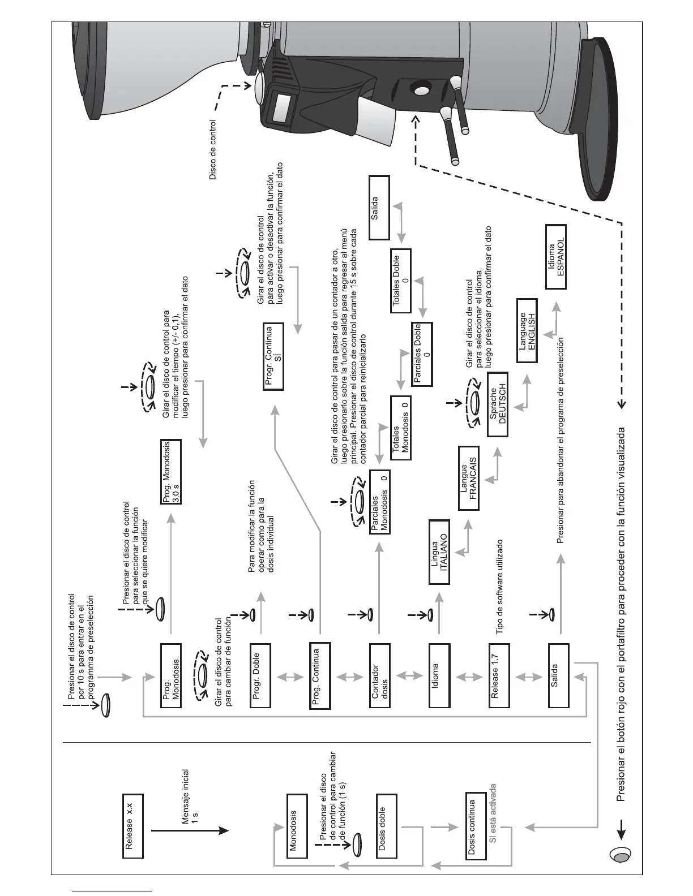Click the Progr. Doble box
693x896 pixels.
tap(261, 675)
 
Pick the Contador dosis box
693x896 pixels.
tap(380, 675)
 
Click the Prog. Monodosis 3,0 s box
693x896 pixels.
tap(172, 472)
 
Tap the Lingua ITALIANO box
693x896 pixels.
tap(439, 552)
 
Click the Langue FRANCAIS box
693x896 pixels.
tap(468, 477)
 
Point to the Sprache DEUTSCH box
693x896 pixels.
tap(498, 403)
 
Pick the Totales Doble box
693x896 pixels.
tap(400, 281)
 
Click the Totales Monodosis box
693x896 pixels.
tap(400, 428)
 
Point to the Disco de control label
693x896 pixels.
tap(212, 149)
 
